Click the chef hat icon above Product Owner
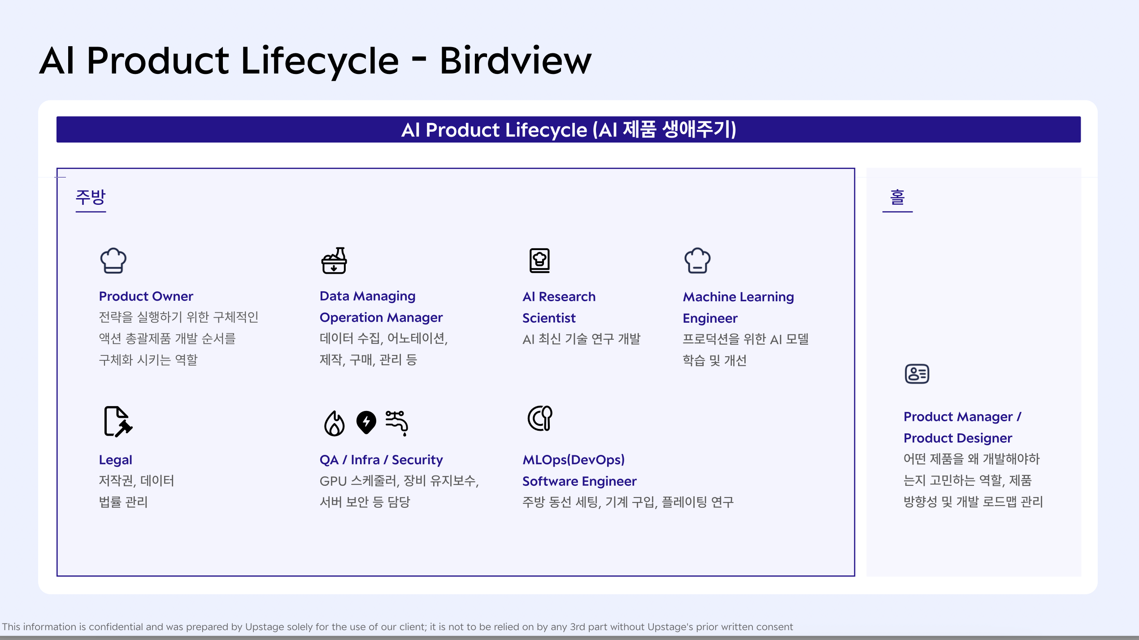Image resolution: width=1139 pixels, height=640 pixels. (113, 260)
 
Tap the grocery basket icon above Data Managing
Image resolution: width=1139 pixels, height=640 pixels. (334, 260)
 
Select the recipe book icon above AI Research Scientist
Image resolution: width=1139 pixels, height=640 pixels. (539, 260)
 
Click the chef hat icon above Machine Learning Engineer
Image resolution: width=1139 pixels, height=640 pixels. (697, 260)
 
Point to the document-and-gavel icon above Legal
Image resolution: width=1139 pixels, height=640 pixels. (117, 421)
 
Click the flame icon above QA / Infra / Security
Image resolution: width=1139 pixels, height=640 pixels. (334, 423)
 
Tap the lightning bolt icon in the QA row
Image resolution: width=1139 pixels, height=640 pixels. (366, 422)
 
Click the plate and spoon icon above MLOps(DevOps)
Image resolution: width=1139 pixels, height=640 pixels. (540, 418)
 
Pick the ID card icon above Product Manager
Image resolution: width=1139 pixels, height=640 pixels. (917, 374)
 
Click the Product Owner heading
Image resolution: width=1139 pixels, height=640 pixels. (146, 296)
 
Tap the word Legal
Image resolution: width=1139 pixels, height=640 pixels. (116, 460)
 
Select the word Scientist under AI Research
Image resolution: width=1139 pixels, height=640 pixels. (549, 318)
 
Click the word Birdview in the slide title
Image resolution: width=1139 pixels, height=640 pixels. (516, 61)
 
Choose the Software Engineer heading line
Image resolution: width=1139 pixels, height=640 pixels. (579, 481)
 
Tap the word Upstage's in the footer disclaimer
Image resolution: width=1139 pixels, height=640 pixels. (671, 627)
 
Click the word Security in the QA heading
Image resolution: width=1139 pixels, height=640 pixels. (417, 460)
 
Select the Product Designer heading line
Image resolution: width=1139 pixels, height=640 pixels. (958, 438)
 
